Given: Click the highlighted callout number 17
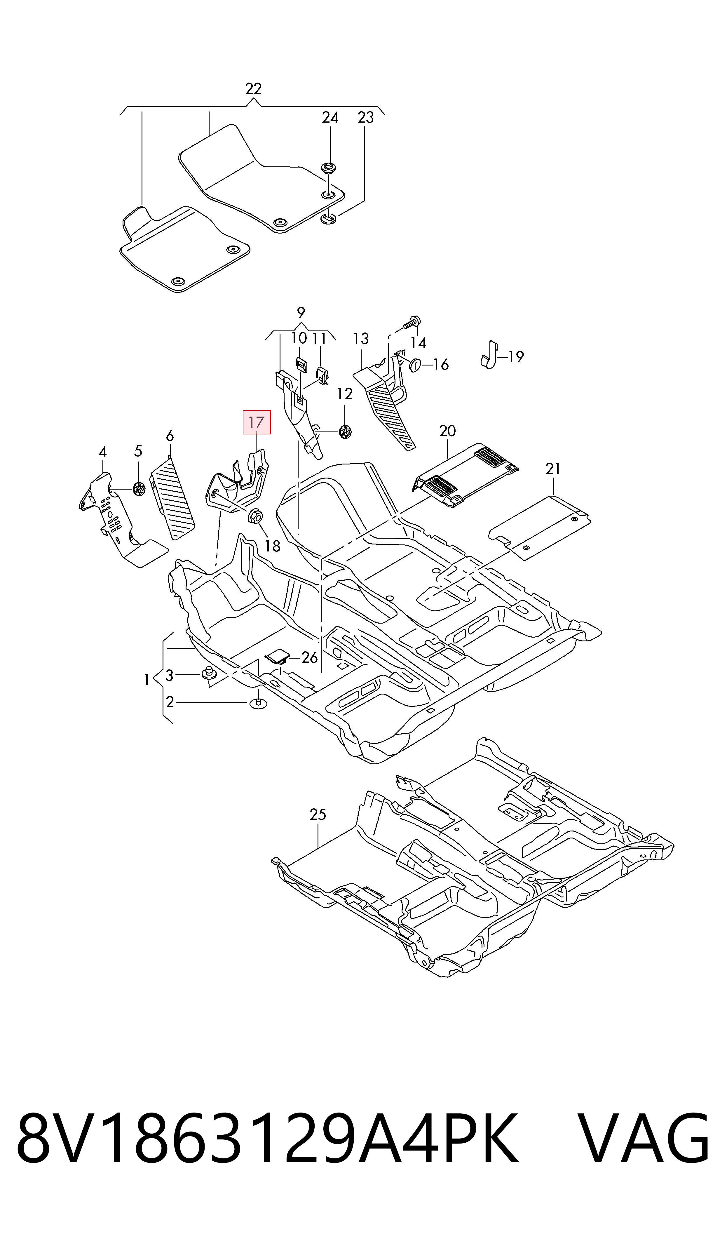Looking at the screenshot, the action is click(257, 422).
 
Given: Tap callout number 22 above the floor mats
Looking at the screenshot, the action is click(253, 89).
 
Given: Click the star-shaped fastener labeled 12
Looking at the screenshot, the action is click(345, 431).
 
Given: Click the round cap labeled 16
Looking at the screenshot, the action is click(414, 364).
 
